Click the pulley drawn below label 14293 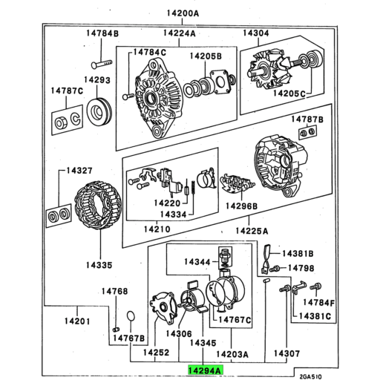point(96,112)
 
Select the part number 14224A point(178,34)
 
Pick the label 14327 point(79,171)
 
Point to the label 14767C point(235,321)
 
